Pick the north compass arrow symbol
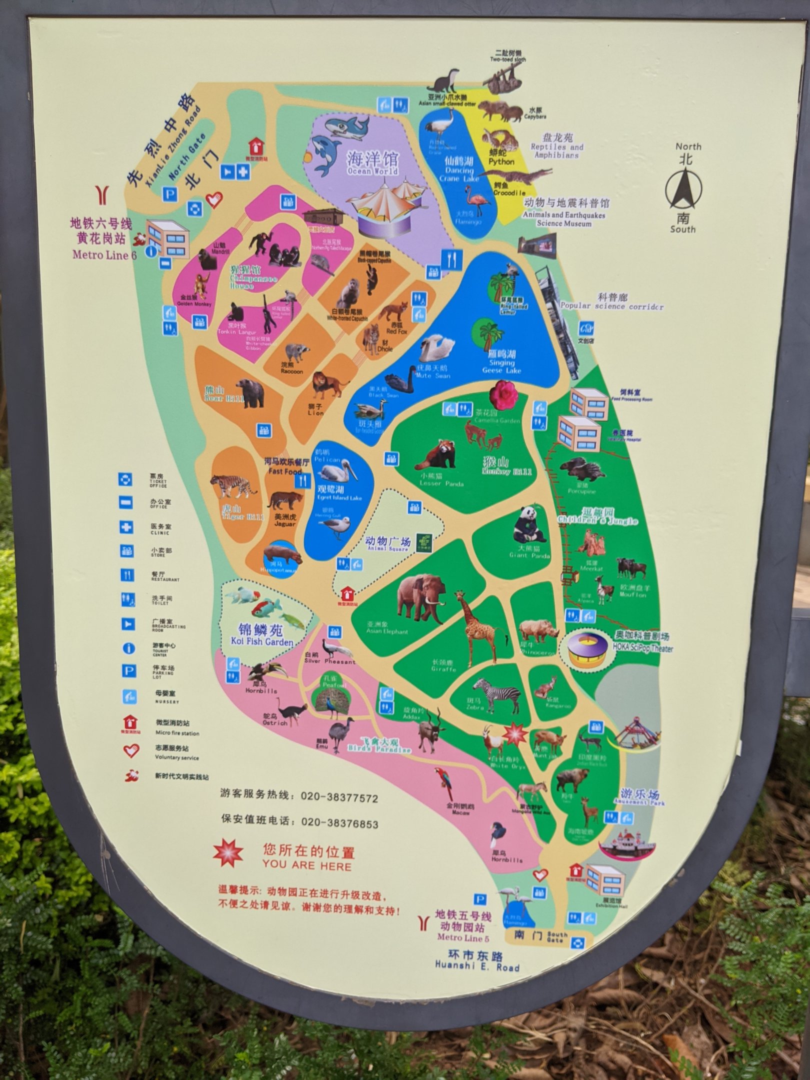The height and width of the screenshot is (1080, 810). [683, 189]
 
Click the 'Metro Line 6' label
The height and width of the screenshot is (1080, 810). [104, 254]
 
